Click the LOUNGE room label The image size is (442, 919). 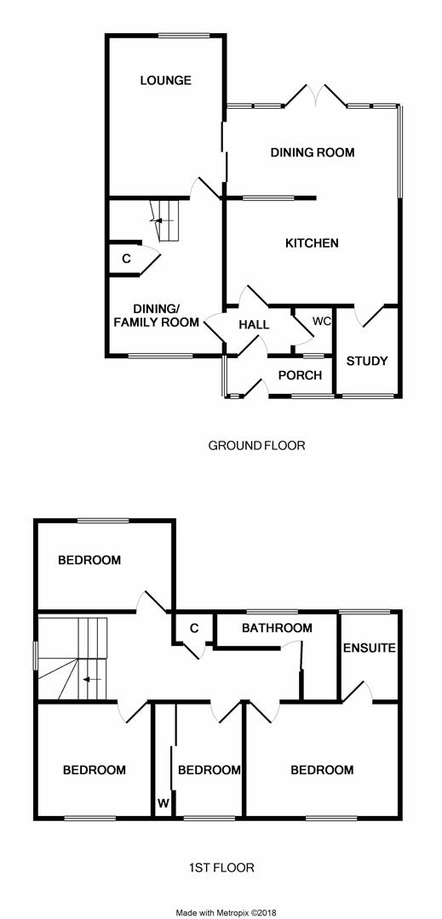(x=165, y=80)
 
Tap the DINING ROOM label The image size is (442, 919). (x=313, y=152)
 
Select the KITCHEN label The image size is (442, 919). (x=312, y=243)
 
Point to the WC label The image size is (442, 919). (x=322, y=321)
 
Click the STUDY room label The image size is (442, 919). (x=367, y=361)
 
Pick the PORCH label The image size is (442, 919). (x=300, y=375)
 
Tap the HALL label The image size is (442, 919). (x=255, y=324)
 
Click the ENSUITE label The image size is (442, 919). (x=370, y=648)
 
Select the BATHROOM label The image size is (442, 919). (x=277, y=628)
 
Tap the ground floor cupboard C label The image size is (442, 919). (x=126, y=258)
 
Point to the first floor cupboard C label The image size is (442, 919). (x=194, y=628)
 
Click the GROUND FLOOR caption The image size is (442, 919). (x=256, y=445)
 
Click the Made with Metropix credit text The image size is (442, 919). (x=226, y=912)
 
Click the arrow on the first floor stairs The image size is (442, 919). (x=91, y=679)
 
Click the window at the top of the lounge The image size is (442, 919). (x=184, y=36)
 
